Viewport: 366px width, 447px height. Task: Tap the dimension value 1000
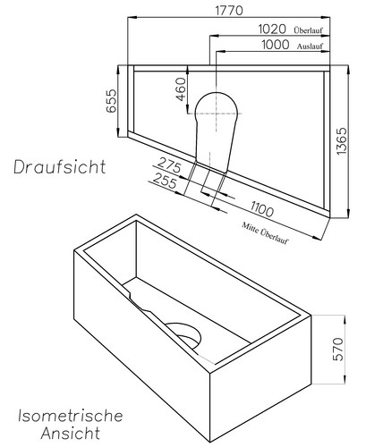(x=273, y=45)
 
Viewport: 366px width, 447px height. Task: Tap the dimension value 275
(x=168, y=166)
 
